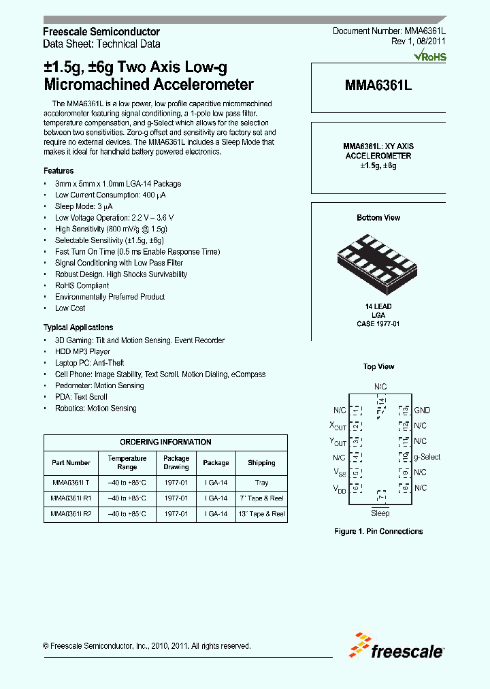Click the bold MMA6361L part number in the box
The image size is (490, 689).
coord(378,86)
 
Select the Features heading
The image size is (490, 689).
coord(59,171)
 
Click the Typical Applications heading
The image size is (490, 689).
coord(78,327)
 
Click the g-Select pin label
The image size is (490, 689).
coord(427,457)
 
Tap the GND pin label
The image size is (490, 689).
coord(421,411)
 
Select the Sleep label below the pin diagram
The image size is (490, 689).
coord(380,513)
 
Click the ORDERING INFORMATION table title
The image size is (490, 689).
coord(165,442)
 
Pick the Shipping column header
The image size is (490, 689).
coord(261,463)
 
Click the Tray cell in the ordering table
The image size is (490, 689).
coord(261,483)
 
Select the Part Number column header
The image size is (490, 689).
coord(71,463)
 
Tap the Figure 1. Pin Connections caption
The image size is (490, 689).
coord(378,532)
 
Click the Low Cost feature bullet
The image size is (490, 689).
coord(71,308)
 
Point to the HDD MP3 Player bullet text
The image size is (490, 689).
coord(82,352)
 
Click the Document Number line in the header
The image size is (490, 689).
coord(389,32)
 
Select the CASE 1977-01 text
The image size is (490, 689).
coord(378,324)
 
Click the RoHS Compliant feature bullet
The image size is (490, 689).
coord(82,286)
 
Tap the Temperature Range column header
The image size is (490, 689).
coord(127,463)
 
